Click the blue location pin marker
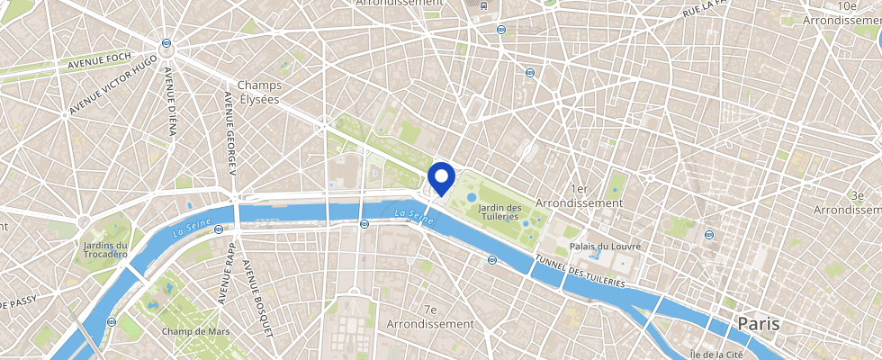click(x=440, y=177)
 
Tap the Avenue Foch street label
click(x=100, y=65)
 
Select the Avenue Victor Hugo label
click(x=115, y=85)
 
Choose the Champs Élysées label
click(x=259, y=92)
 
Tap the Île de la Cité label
click(x=715, y=355)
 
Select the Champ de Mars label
click(x=195, y=331)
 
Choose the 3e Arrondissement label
click(x=847, y=202)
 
